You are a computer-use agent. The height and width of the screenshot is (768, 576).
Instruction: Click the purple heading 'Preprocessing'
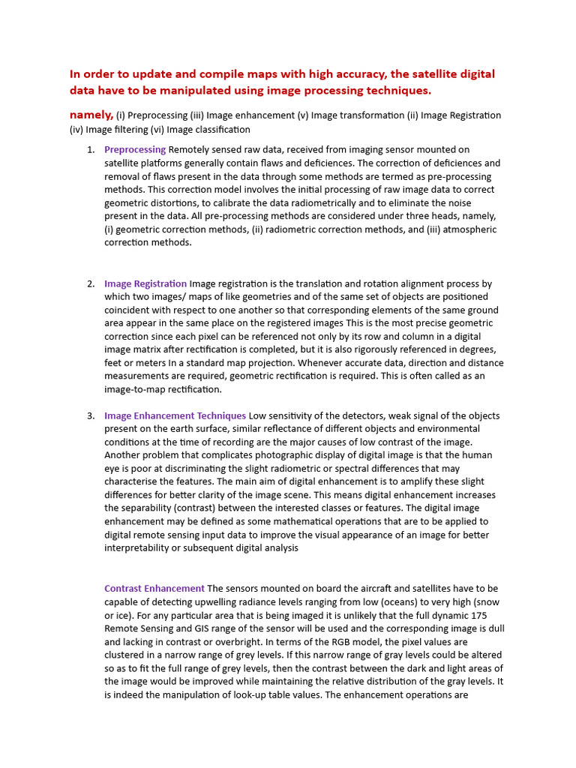point(135,149)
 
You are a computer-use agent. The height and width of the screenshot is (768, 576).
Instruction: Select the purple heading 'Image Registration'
point(145,283)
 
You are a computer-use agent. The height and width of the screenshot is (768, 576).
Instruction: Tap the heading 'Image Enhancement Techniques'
point(175,415)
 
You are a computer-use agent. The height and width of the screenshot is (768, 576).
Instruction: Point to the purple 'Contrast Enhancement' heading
point(154,588)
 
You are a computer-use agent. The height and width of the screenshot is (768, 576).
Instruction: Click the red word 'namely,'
point(91,115)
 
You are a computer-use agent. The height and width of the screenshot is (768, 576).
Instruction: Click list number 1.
point(91,149)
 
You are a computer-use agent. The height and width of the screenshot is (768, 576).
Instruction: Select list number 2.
point(91,283)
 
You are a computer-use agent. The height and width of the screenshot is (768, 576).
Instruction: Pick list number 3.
point(91,415)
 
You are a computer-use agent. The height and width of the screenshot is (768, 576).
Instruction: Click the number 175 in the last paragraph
point(489,615)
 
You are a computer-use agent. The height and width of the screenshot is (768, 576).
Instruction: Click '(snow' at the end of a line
point(484,601)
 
